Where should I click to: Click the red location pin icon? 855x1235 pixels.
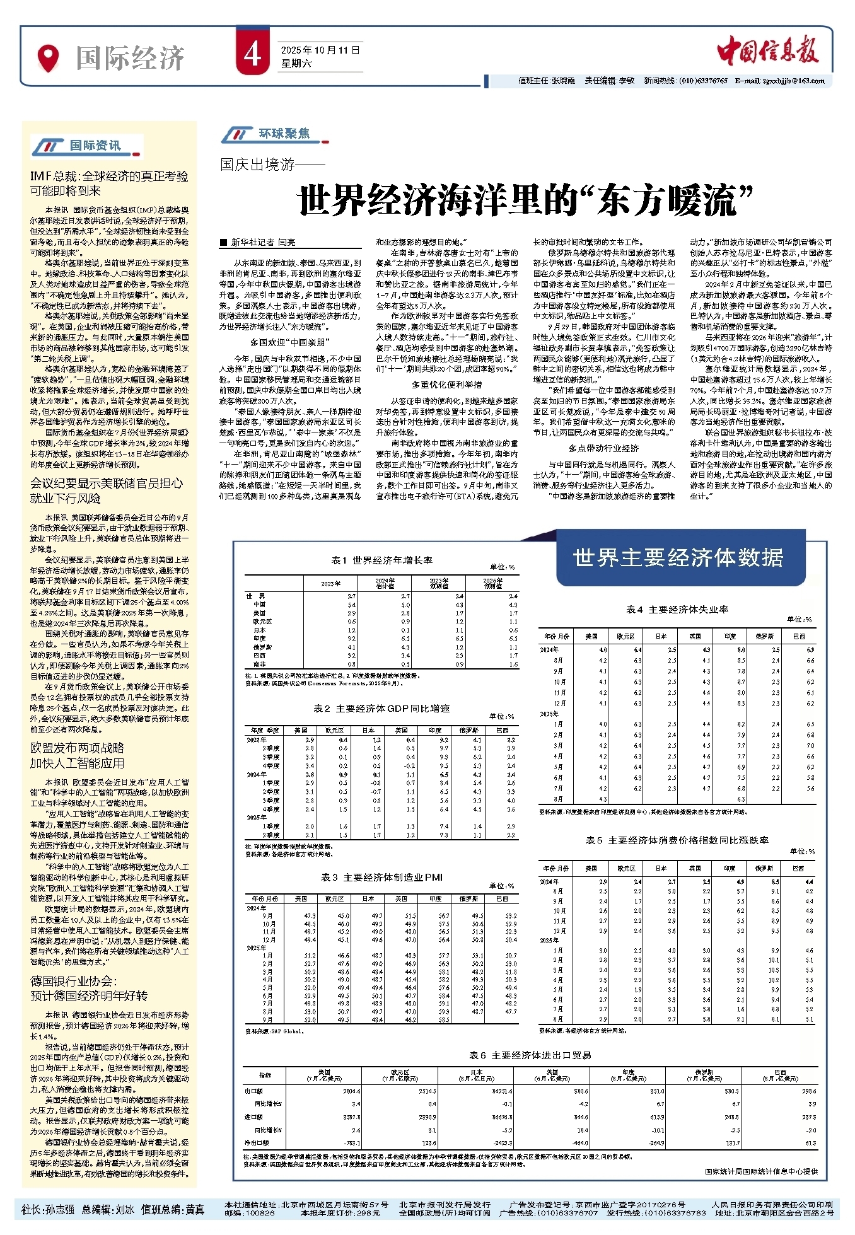click(48, 58)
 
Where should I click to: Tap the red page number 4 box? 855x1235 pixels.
click(252, 55)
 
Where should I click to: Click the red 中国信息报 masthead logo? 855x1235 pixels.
click(767, 50)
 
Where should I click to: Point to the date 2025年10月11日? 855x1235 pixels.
click(320, 50)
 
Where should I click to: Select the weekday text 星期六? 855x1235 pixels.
click(296, 63)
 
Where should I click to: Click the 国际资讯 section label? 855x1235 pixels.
click(95, 146)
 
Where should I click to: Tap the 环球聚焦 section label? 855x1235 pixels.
click(284, 134)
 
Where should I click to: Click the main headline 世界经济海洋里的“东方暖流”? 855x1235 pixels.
click(526, 200)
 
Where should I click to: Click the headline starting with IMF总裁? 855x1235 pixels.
click(109, 183)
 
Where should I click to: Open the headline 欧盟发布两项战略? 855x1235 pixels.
click(78, 756)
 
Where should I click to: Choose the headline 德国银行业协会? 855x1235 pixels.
click(88, 988)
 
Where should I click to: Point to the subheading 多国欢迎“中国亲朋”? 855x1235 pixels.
click(289, 342)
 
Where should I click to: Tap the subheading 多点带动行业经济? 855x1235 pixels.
click(603, 448)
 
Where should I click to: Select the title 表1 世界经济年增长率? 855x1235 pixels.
click(382, 560)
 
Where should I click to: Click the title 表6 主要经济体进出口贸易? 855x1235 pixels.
click(530, 1055)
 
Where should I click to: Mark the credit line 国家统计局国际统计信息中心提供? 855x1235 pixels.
click(761, 1171)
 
